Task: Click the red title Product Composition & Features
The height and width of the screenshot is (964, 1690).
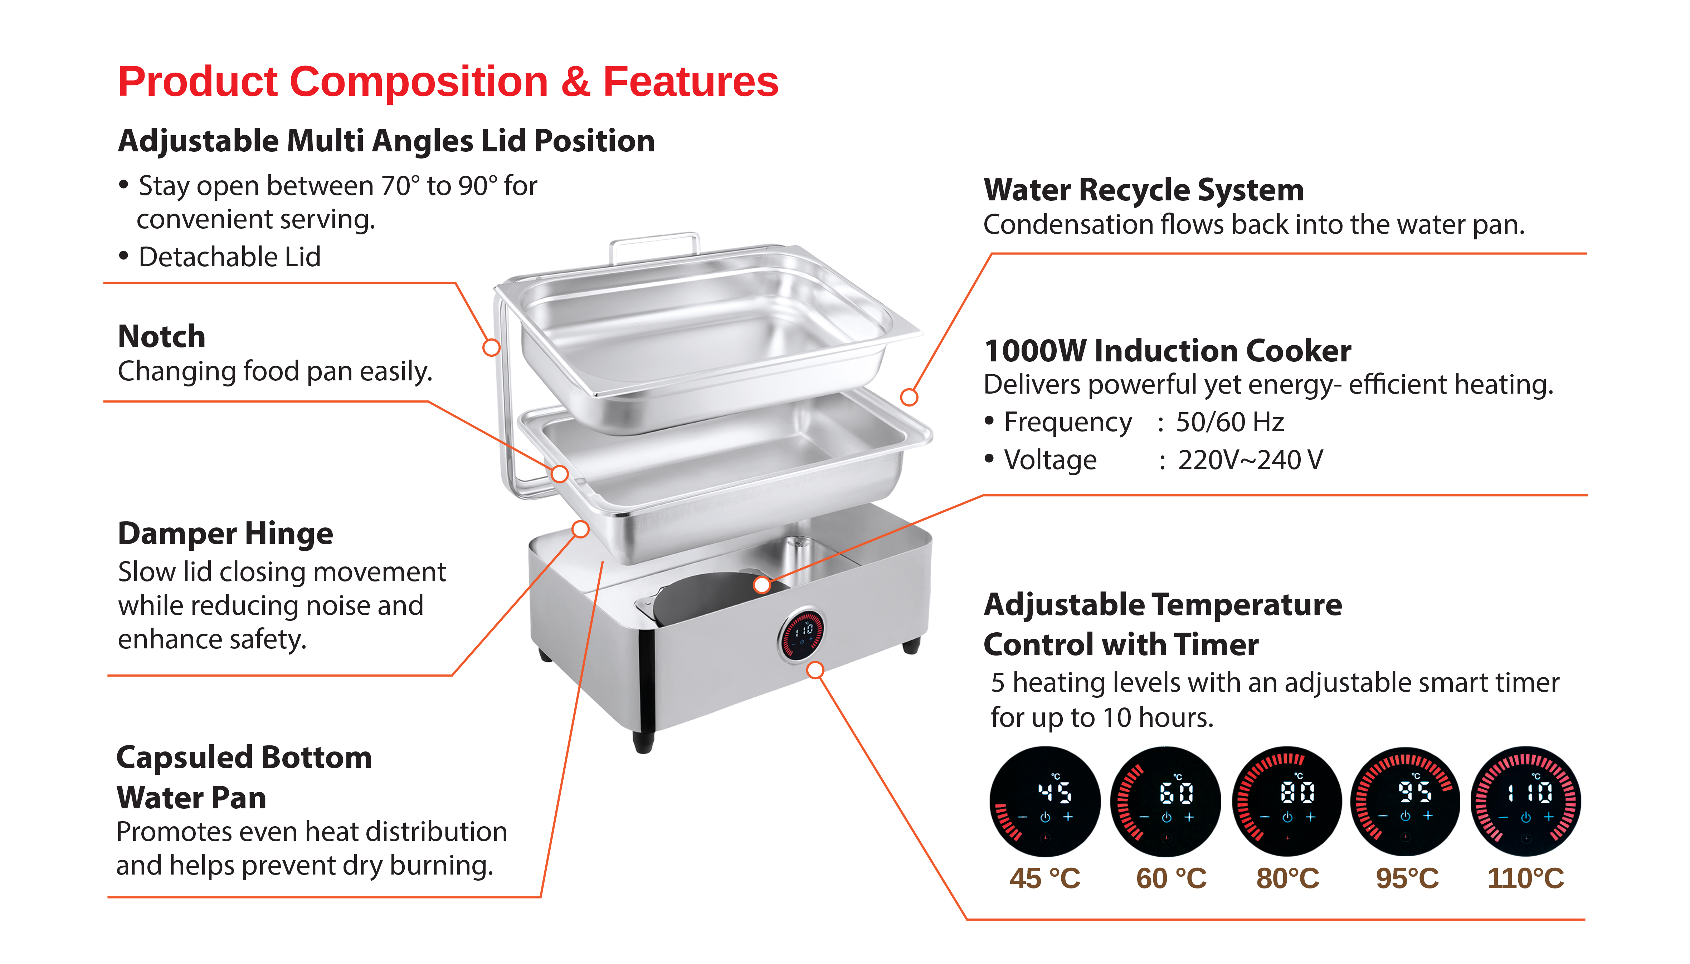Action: (448, 82)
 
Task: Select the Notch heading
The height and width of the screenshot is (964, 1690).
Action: (161, 336)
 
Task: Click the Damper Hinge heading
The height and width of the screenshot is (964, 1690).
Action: (225, 534)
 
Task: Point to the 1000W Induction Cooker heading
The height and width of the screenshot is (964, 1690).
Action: (1167, 351)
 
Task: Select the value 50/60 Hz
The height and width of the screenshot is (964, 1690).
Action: (1229, 422)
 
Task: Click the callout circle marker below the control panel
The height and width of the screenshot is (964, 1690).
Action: (815, 670)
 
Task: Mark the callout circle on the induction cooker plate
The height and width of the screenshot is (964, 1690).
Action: (762, 585)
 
